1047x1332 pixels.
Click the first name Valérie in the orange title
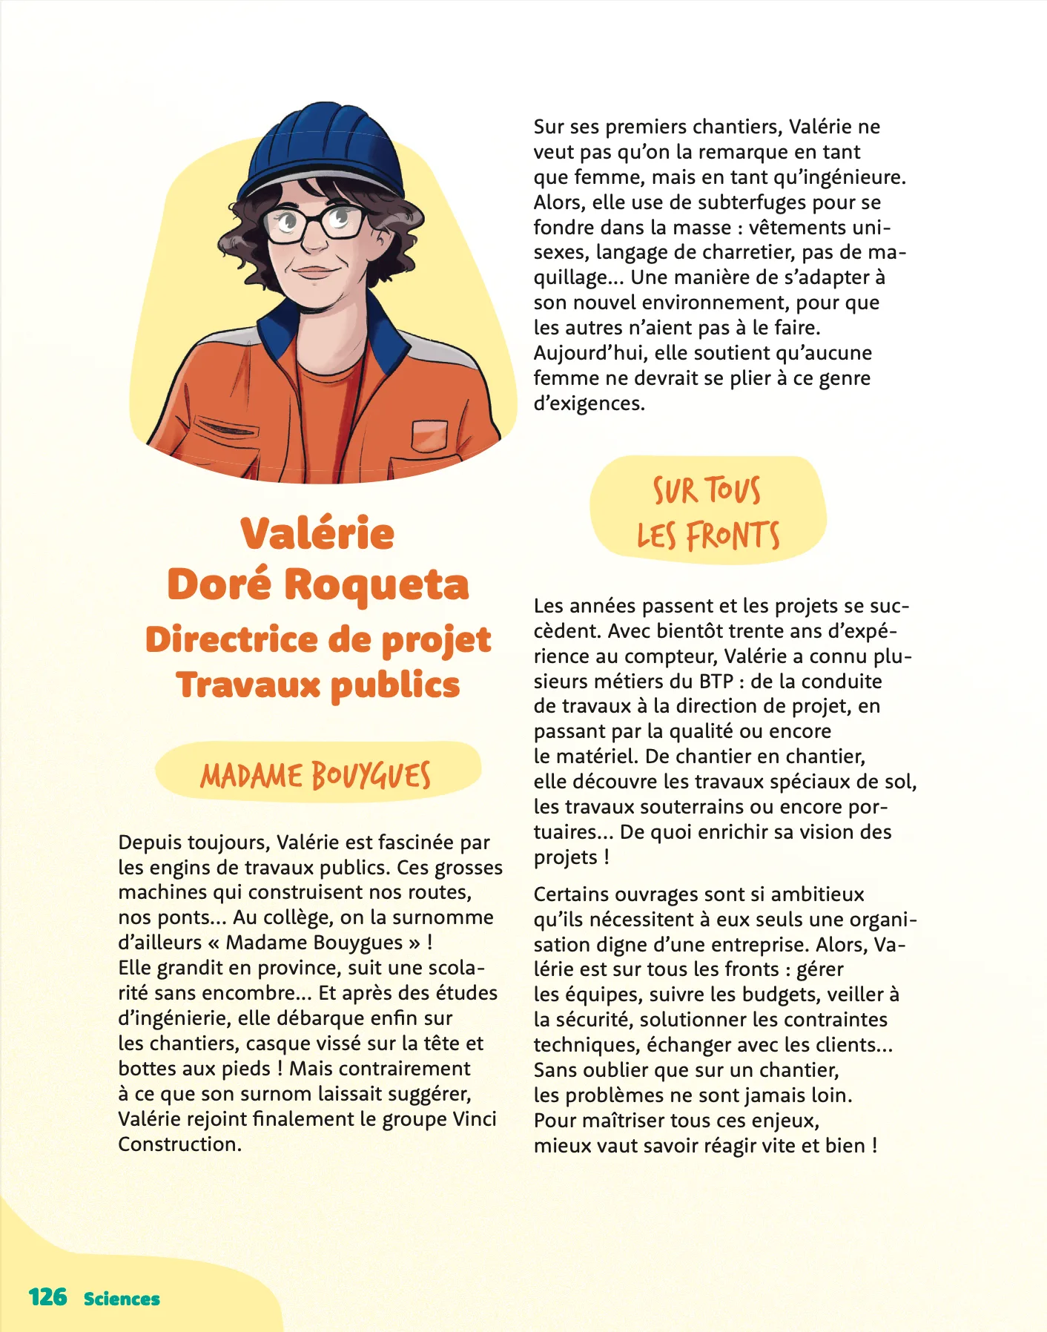(317, 533)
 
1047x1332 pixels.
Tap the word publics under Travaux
(395, 685)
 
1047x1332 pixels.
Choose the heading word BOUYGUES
(371, 776)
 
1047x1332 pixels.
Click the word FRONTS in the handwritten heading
(733, 535)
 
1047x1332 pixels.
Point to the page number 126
(47, 1297)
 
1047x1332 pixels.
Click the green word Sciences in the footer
(122, 1299)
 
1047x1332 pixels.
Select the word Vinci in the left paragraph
(474, 1118)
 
